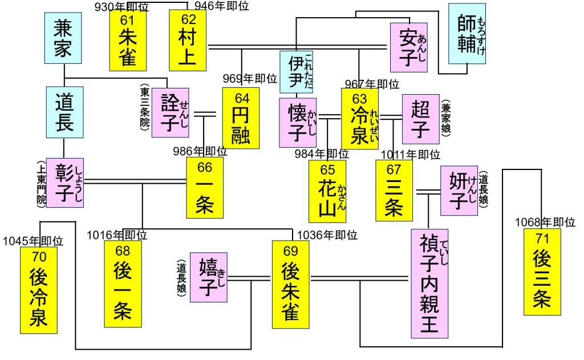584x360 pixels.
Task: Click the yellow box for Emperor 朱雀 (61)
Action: (128, 38)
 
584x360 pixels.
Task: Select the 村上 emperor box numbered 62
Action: (187, 38)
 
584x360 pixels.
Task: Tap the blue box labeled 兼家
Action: (63, 38)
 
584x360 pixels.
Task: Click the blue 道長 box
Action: (64, 111)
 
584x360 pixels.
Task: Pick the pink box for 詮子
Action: (170, 112)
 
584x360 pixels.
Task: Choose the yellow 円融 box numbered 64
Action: (241, 118)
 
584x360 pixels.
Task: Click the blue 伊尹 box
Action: (296, 71)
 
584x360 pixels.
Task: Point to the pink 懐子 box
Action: (297, 123)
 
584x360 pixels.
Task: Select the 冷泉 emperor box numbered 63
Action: (360, 118)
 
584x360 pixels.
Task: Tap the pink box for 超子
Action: (420, 119)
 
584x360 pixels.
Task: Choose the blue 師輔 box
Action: (467, 33)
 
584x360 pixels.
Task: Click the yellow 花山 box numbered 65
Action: (327, 191)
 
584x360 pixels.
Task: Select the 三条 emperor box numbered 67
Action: (394, 190)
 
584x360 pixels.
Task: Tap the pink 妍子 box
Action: (459, 190)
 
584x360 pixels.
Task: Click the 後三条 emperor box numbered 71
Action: (541, 272)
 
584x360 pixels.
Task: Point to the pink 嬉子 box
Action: (209, 278)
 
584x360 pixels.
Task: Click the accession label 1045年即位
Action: (33, 241)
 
